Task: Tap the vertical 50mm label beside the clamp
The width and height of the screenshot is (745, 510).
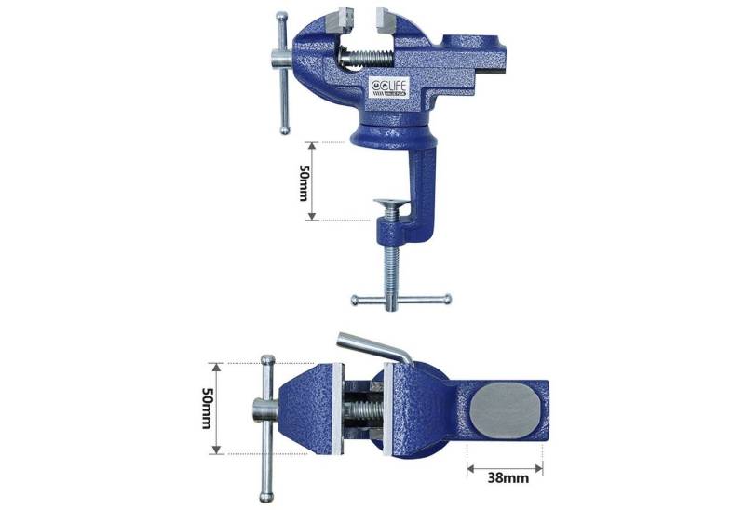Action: click(x=304, y=181)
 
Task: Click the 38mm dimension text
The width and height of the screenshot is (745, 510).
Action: click(x=507, y=479)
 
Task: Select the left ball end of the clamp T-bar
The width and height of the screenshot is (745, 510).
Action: click(x=355, y=300)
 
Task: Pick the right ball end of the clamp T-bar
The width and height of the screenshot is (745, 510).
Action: click(x=446, y=299)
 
